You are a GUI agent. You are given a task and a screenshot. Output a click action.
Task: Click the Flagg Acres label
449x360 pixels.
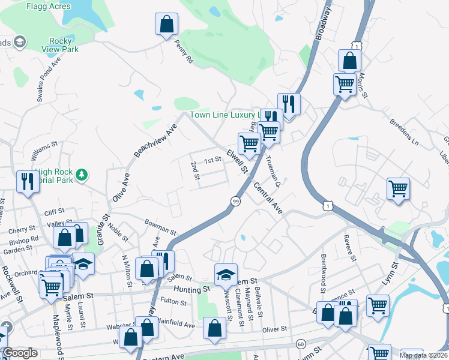tap(49, 6)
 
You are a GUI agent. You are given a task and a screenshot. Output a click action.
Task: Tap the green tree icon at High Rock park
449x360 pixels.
tap(81, 175)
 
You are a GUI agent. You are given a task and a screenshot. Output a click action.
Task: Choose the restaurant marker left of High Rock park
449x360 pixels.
tap(28, 181)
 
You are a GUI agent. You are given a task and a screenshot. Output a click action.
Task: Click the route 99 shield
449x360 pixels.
tap(235, 202)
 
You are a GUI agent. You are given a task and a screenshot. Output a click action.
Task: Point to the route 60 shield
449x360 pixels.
tap(301, 344)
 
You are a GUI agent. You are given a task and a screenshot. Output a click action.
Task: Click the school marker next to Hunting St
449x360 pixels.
tap(226, 275)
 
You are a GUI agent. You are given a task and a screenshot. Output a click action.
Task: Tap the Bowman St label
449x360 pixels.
tap(160, 227)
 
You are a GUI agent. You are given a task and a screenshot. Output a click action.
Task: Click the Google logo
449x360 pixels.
tap(20, 353)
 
